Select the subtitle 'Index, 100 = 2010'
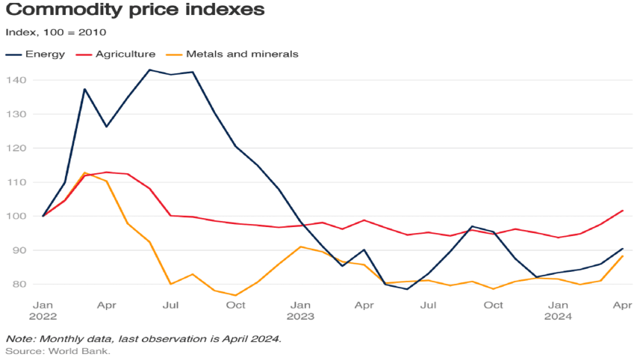pyautogui.click(x=56, y=33)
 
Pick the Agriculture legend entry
pyautogui.click(x=116, y=55)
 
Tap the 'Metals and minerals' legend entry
pyautogui.click(x=232, y=55)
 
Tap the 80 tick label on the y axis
pyautogui.click(x=19, y=285)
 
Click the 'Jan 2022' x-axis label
pyautogui.click(x=43, y=311)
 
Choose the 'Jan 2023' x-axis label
pyautogui.click(x=300, y=311)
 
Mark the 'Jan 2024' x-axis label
pyautogui.click(x=559, y=311)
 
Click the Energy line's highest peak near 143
pyautogui.click(x=149, y=70)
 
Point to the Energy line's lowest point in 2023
pyautogui.click(x=408, y=289)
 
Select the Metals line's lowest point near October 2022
pyautogui.click(x=236, y=296)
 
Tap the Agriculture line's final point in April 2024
pyautogui.click(x=623, y=211)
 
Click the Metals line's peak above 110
pyautogui.click(x=85, y=173)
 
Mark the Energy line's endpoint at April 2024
pyautogui.click(x=623, y=249)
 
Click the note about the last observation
pyautogui.click(x=143, y=338)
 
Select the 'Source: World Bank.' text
pyautogui.click(x=58, y=351)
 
